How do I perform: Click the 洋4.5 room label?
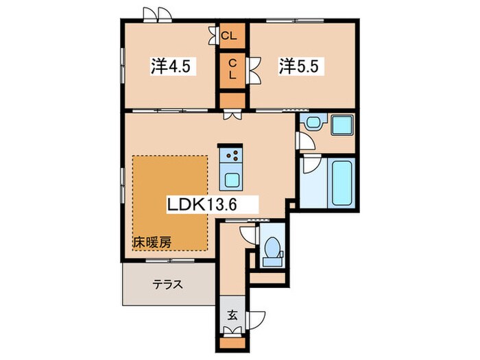pos(173,67)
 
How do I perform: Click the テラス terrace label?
pos(167,284)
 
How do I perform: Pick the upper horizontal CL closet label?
pos(232,34)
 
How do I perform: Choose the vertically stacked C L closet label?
pos(232,70)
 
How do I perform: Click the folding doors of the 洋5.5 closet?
pos(254,69)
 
